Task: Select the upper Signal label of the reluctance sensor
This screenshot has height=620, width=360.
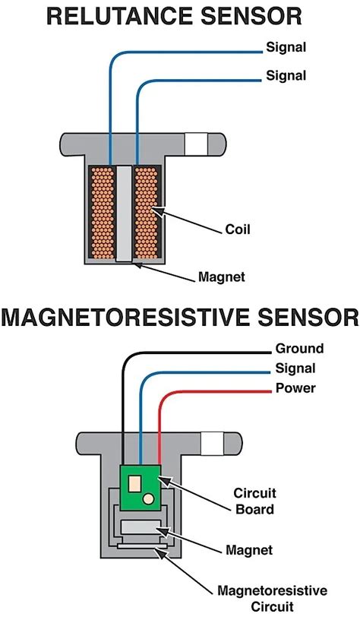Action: coord(286,48)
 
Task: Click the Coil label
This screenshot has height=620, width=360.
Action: coord(238,229)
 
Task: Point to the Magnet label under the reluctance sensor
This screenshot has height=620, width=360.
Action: coord(221,277)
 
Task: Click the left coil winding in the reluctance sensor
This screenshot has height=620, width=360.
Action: coord(101,212)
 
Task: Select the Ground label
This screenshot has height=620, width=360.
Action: coord(298,349)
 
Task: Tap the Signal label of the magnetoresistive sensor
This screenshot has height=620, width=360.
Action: coord(295,369)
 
